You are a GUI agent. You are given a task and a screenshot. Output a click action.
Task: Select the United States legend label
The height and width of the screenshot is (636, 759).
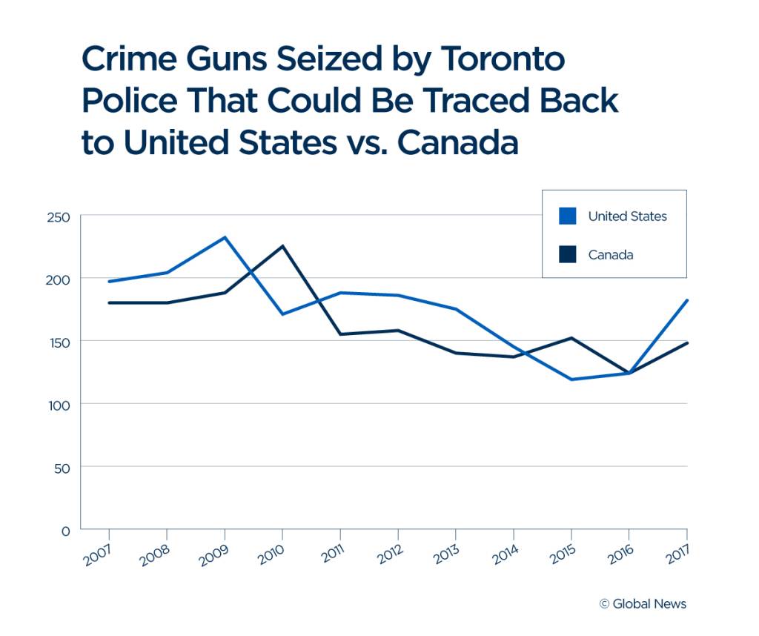[x=627, y=216]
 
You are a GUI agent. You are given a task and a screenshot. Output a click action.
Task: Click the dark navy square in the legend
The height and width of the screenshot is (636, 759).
[x=568, y=254]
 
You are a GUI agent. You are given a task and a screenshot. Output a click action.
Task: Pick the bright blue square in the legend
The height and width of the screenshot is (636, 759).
[x=568, y=216]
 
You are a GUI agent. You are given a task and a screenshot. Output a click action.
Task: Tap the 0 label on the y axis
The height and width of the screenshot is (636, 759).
[x=65, y=531]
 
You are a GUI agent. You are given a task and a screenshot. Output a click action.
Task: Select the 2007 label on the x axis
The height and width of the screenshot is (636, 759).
[x=98, y=553]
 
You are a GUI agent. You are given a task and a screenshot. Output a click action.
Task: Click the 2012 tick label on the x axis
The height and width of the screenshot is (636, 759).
[x=387, y=553]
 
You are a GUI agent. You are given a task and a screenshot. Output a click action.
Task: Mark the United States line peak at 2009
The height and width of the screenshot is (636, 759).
[x=225, y=237]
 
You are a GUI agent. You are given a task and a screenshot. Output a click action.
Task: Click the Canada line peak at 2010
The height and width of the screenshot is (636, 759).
[x=282, y=246]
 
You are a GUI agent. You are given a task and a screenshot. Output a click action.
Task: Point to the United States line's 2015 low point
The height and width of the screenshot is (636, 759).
[x=571, y=380]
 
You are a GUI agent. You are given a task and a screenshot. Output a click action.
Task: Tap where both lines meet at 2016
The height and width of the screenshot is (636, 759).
[x=629, y=373]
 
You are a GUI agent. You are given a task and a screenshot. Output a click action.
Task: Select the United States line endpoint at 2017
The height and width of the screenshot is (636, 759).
[x=686, y=300]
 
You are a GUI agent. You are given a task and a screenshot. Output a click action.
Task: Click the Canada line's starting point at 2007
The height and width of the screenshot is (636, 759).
[x=109, y=302]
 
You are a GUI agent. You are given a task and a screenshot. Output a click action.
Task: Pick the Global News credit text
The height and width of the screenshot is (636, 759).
[x=643, y=603]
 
